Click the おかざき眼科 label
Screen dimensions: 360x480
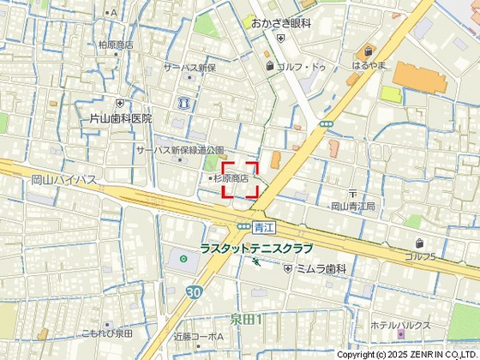pyautogui.click(x=281, y=24)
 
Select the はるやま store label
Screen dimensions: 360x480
pyautogui.click(x=370, y=65)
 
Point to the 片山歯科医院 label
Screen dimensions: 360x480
pyautogui.click(x=121, y=118)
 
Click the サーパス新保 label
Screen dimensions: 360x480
pyautogui.click(x=189, y=67)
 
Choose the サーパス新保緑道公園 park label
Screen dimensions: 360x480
pyautogui.click(x=180, y=149)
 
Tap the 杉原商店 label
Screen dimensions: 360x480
pyautogui.click(x=231, y=178)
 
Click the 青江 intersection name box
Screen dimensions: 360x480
pyautogui.click(x=262, y=227)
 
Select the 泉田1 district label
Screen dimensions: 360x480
pyautogui.click(x=246, y=319)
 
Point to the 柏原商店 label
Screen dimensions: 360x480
pyautogui.click(x=116, y=45)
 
